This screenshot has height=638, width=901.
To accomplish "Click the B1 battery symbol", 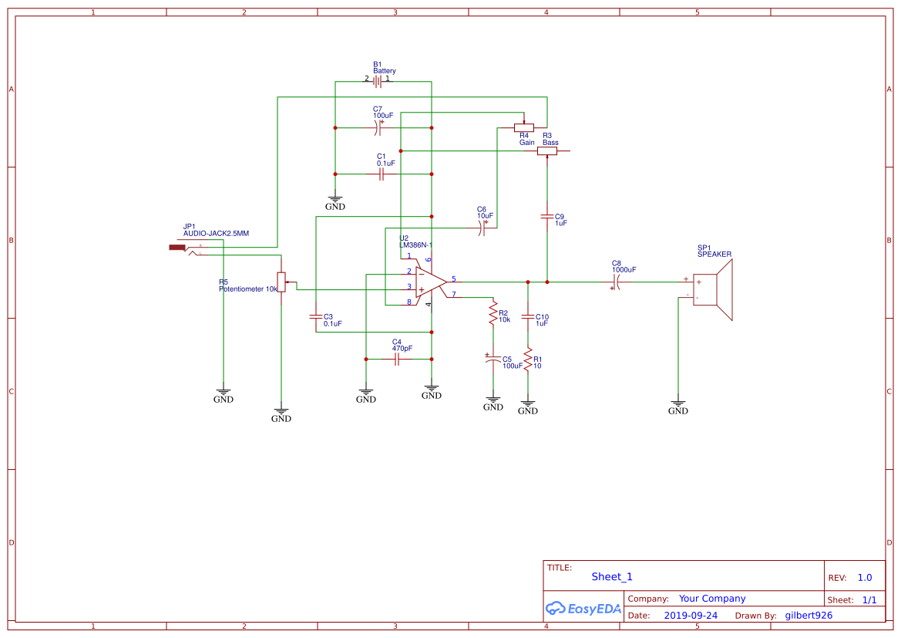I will pos(378,80).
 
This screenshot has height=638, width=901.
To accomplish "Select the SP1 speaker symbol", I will pos(712,290).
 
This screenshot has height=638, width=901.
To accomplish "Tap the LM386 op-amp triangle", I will pos(429,282).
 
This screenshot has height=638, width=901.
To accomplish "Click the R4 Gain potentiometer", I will pos(524,127).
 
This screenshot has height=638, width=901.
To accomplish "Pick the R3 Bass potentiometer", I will pos(547,151).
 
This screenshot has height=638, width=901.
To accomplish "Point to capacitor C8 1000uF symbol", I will pos(617,282).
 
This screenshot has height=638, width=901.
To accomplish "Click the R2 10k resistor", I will pos(493,312).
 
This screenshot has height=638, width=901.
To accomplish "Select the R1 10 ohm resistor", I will pos(528,359).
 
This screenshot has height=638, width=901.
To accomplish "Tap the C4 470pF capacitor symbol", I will pos(397,359).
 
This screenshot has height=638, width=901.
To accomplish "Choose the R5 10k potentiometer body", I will pos(281,282).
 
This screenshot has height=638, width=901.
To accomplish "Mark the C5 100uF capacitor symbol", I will pos(493,360).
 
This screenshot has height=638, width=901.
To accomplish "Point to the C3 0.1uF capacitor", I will pos(316,316).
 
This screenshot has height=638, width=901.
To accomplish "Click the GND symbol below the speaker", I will pos(678,405).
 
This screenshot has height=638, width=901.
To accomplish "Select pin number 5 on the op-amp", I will pos(453,278).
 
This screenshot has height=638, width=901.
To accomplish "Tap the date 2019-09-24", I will pos(691,616).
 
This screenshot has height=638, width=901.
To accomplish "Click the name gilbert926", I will pos(809,616).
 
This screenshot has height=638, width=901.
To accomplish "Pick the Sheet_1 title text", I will pos(612,576).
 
